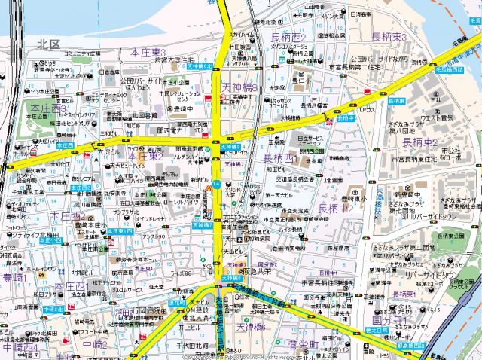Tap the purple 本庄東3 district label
pos(148,52)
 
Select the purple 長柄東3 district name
pos(389,37)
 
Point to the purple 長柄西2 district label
pos(287,37)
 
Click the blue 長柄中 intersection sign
pos(345,117)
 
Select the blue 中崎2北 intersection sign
pos(52,310)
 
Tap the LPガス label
pos(368,110)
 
